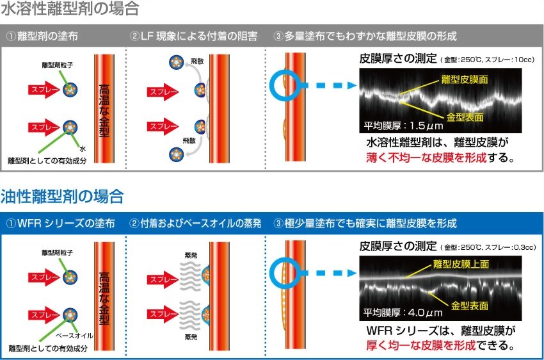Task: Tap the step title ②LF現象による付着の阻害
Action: [193, 36]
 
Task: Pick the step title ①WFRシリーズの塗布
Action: [60, 224]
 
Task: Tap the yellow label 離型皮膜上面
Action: [460, 264]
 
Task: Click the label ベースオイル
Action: [76, 334]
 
